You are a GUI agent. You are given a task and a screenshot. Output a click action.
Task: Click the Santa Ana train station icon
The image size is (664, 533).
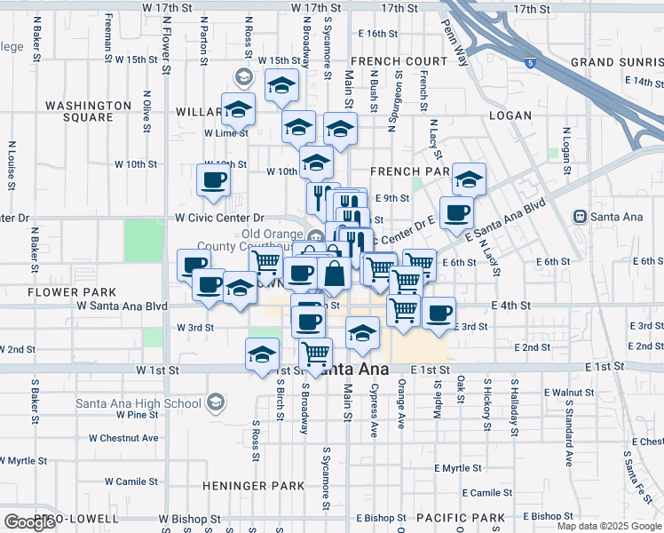[581, 216]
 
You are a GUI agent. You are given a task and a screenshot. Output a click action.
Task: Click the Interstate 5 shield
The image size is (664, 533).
[530, 63]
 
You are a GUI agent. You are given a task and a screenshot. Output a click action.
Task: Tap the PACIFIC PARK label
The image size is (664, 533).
[461, 517]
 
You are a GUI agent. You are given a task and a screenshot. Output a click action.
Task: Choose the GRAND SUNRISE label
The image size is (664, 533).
[616, 62]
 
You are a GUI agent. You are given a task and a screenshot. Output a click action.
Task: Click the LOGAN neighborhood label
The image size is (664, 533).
[510, 115]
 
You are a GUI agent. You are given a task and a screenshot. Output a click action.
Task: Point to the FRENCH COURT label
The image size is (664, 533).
[399, 61]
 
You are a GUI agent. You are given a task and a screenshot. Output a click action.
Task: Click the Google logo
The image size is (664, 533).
[29, 522]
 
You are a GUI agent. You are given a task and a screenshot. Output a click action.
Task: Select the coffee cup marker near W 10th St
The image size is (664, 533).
[213, 180]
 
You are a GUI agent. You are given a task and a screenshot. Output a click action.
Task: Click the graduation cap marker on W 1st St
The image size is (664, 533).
[262, 354]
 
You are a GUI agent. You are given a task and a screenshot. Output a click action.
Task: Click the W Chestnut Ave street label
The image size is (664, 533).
[123, 438]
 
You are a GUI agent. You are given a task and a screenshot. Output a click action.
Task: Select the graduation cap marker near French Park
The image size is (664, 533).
[469, 179]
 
